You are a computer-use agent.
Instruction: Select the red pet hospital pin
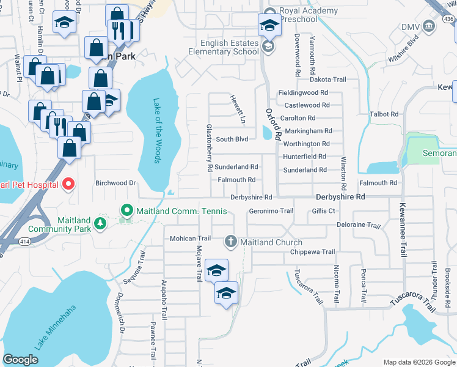(68, 184)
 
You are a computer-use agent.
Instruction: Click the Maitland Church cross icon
(231, 242)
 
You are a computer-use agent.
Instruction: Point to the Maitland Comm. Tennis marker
(127, 211)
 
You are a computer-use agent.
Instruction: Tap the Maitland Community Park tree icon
(100, 225)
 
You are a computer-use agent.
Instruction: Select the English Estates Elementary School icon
(268, 47)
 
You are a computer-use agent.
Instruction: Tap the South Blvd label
(232, 139)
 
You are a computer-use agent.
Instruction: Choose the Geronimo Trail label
(271, 211)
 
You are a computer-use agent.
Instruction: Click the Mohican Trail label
(190, 239)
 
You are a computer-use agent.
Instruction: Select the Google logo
(20, 360)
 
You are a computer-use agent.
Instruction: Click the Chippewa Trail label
(312, 252)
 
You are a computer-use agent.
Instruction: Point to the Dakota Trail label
(328, 80)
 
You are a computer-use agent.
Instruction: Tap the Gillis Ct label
(324, 211)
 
